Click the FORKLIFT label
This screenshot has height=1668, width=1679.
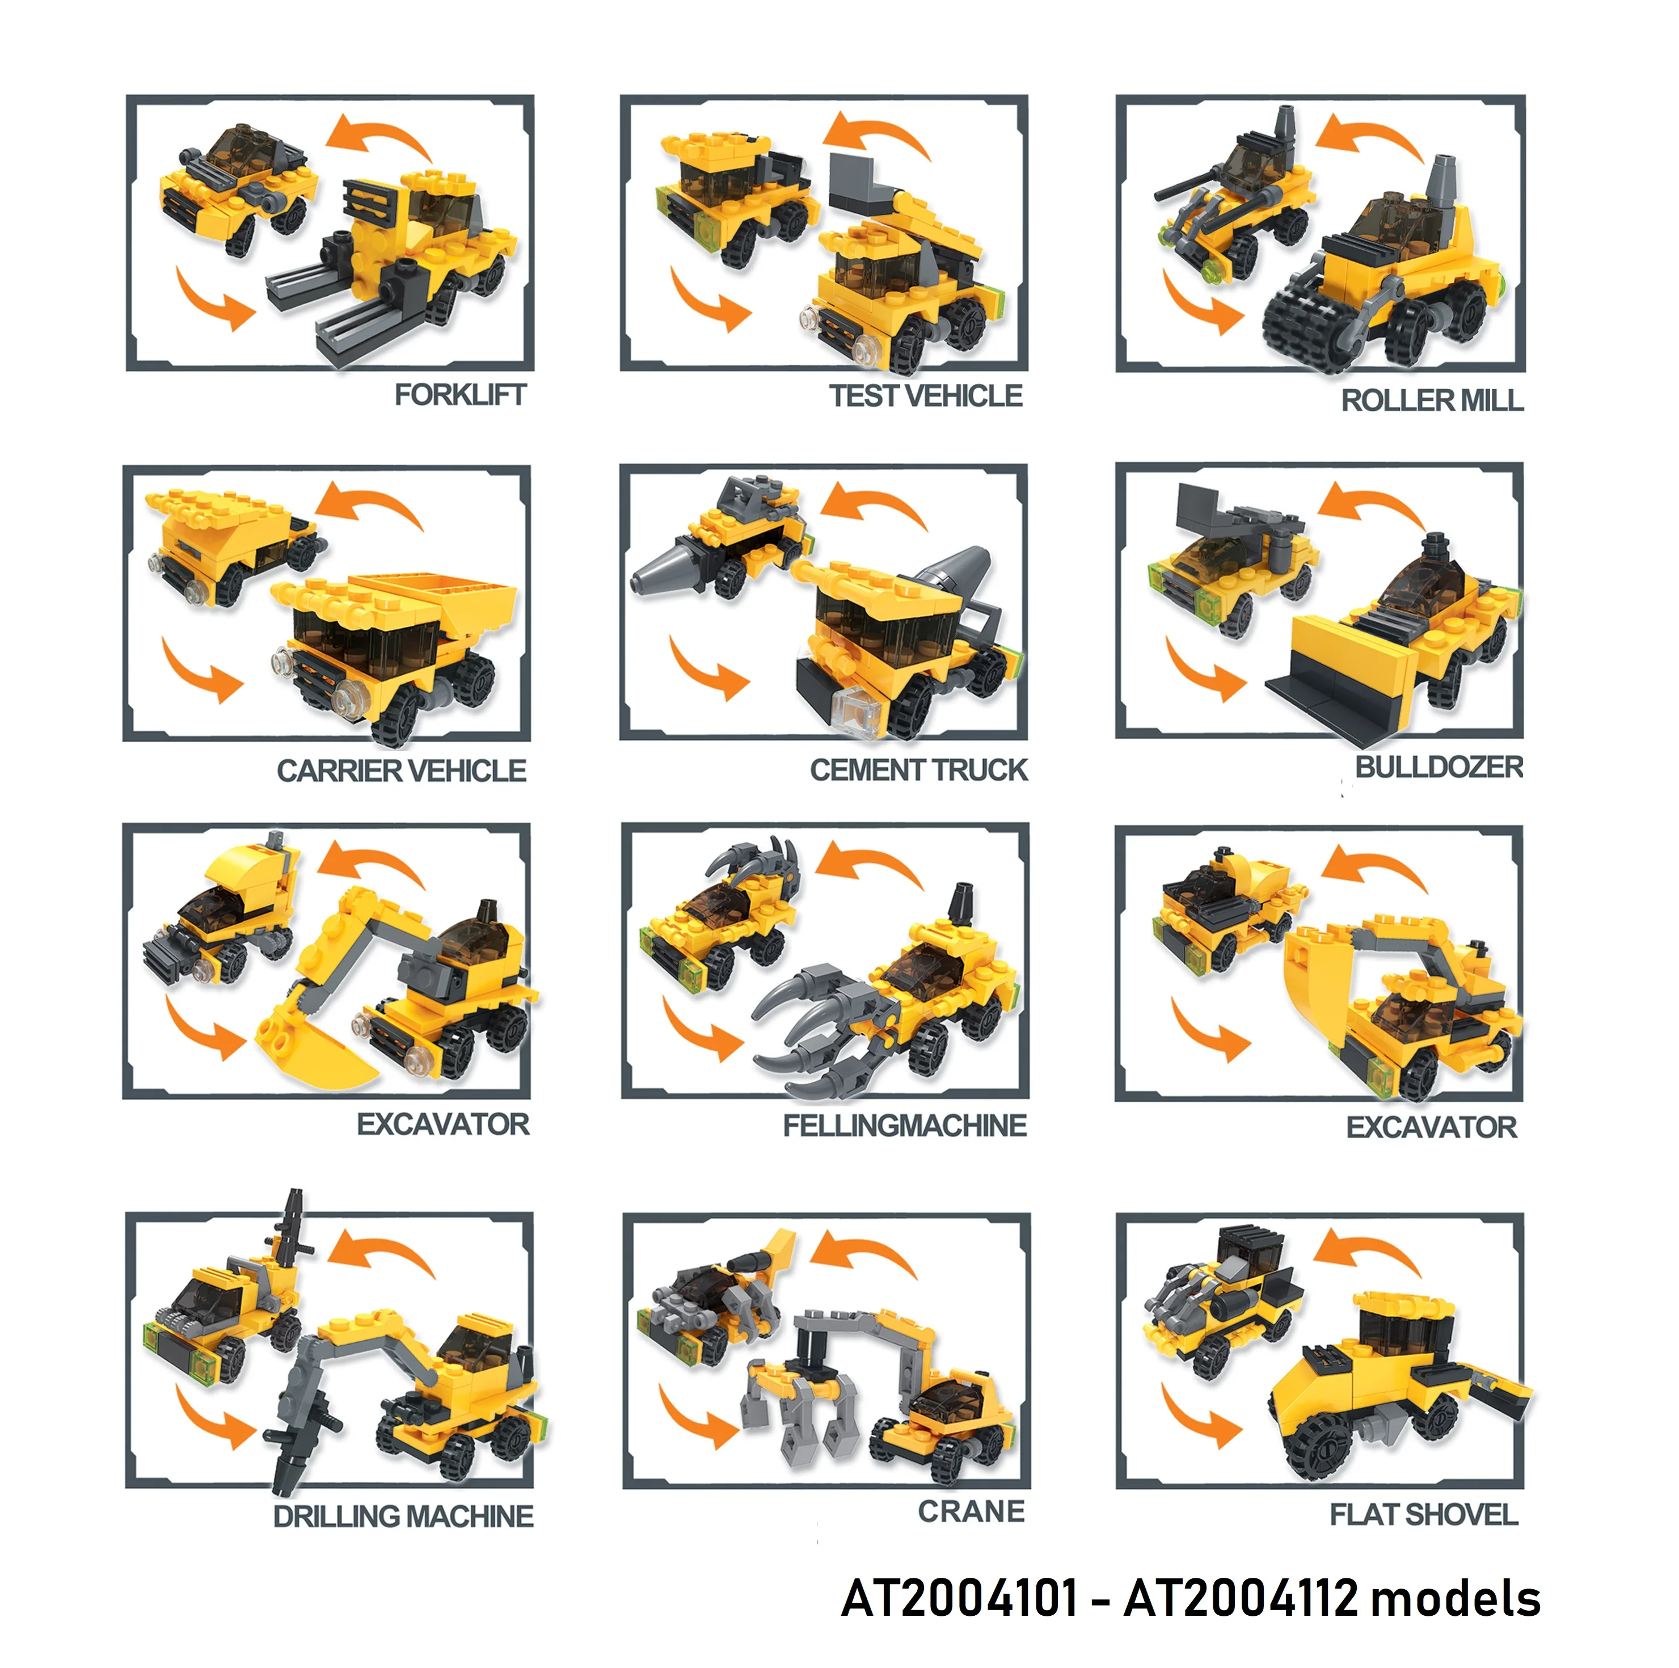(x=459, y=395)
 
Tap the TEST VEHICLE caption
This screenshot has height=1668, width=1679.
(x=926, y=397)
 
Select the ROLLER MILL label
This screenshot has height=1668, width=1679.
(x=1432, y=401)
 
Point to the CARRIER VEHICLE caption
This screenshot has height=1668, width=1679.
(x=402, y=771)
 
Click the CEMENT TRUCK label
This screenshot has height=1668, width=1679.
(x=918, y=770)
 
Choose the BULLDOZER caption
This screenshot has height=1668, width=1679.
(x=1439, y=768)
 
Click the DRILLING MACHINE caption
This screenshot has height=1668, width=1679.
(x=403, y=1517)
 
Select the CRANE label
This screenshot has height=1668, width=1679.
(x=972, y=1511)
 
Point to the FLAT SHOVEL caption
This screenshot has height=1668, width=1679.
(x=1424, y=1515)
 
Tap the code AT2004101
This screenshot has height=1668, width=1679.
(x=959, y=1598)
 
